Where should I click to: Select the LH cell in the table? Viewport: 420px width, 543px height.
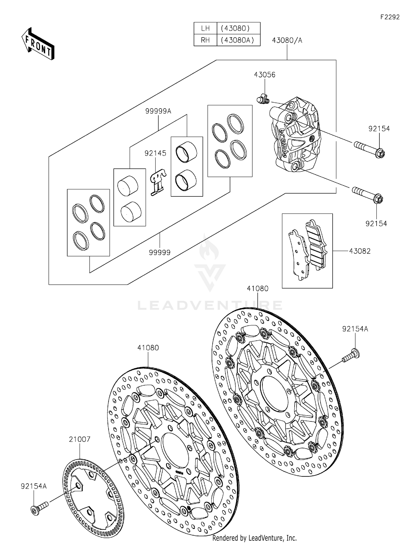[x=205, y=28]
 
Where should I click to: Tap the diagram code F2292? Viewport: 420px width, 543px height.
[x=390, y=17]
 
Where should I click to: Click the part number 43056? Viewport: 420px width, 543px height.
[x=265, y=75]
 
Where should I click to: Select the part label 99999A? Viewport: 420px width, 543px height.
[x=158, y=111]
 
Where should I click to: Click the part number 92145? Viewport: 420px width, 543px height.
[x=155, y=153]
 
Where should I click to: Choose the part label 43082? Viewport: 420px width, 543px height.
[x=360, y=251]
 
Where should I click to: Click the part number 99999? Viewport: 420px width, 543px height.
[x=160, y=252]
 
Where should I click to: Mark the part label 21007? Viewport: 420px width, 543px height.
[x=80, y=439]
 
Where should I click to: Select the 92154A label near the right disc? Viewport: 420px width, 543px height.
[x=355, y=329]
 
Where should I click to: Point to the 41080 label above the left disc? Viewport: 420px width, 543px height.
[x=148, y=348]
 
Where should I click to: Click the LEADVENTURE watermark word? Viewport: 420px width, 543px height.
[x=210, y=305]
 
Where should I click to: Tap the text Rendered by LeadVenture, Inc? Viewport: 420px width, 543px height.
[x=254, y=538]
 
